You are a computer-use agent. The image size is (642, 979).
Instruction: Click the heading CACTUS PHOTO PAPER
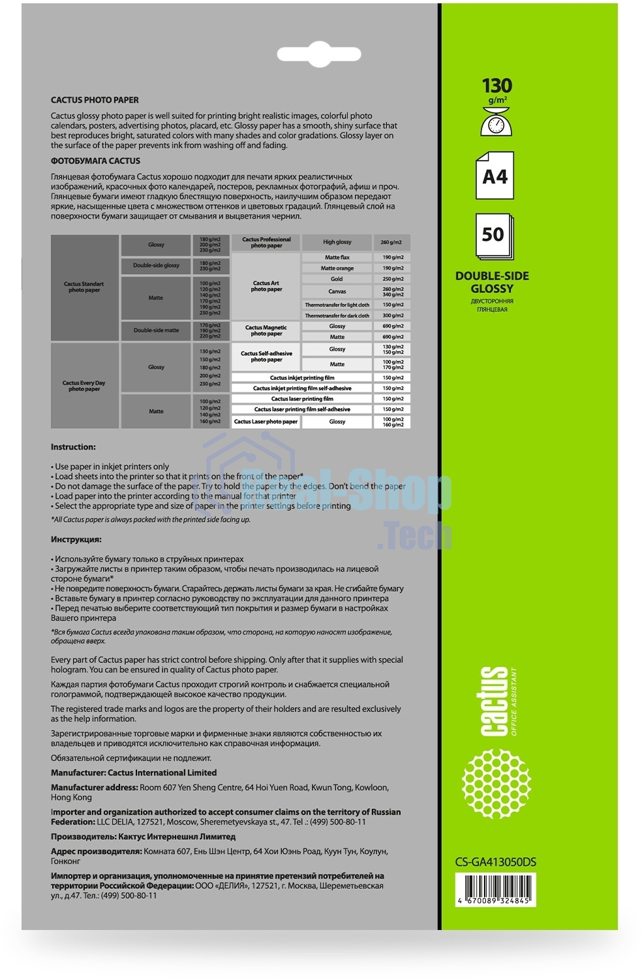[x=95, y=100]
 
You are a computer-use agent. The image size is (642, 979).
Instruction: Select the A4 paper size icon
[x=495, y=176]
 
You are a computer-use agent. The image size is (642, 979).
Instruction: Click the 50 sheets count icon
[x=494, y=236]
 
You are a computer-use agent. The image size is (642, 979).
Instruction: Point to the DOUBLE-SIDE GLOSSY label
[x=492, y=282]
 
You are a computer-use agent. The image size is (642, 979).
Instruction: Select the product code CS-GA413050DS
[x=495, y=862]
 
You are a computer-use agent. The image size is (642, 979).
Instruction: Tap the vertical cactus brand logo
[x=495, y=701]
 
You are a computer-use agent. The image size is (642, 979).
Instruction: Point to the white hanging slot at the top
[x=319, y=54]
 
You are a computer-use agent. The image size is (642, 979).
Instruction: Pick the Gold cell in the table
[x=337, y=279]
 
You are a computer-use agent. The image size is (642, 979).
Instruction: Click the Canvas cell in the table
[x=337, y=292]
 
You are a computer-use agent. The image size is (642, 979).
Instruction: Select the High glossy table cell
[x=337, y=242]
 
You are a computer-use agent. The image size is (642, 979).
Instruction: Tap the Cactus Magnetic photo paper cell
[x=266, y=330]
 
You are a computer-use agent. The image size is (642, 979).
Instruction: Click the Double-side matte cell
[x=156, y=330]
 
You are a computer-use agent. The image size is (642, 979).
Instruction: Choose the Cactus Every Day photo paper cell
[x=84, y=386]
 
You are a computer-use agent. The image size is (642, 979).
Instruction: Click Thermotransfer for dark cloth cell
[x=337, y=316]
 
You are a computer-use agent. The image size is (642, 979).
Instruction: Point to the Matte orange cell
[x=337, y=268]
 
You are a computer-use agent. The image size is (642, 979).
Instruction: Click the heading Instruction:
[x=73, y=447]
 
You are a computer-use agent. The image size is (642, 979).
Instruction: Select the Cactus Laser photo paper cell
[x=266, y=422]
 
